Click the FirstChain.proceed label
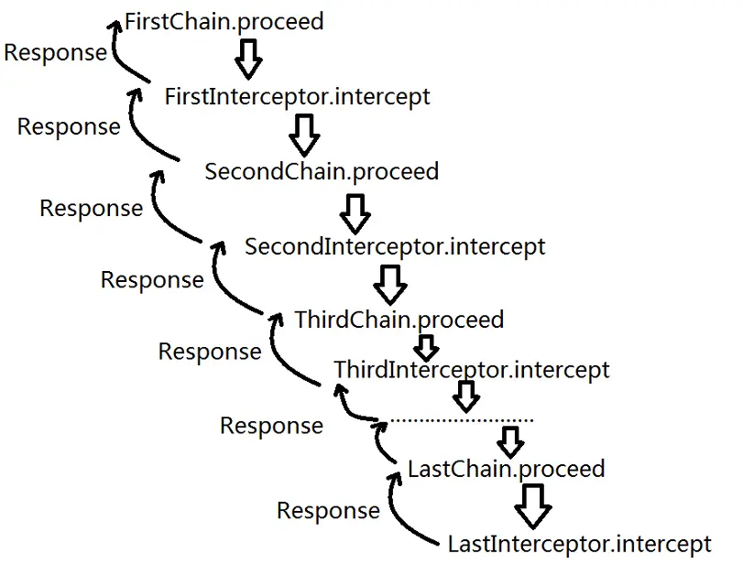(224, 21)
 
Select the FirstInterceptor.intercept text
(297, 96)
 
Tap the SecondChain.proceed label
(322, 171)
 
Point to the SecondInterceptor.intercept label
(395, 246)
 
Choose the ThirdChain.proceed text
(399, 320)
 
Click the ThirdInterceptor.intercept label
(471, 370)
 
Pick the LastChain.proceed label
(506, 469)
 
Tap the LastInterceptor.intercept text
(579, 543)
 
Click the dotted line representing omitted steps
(462, 420)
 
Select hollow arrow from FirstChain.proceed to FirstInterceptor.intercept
(247, 59)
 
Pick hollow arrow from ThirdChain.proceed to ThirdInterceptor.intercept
(424, 347)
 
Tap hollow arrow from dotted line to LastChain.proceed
(509, 441)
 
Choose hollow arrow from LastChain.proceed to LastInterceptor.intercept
(533, 503)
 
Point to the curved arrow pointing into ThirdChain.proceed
(284, 353)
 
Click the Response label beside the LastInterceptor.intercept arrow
(328, 510)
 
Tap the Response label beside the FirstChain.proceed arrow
(55, 52)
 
